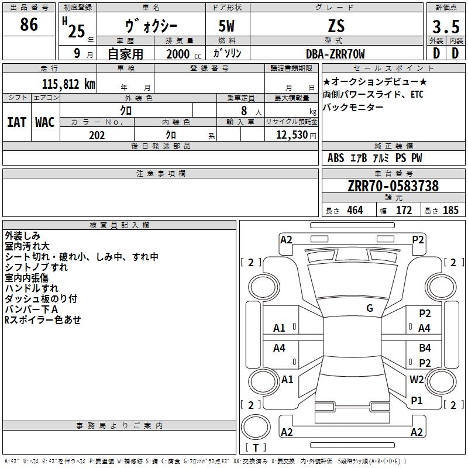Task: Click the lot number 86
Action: click(x=29, y=25)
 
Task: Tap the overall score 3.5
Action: click(x=446, y=26)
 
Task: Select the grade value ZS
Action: click(x=336, y=26)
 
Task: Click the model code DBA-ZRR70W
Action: click(x=335, y=54)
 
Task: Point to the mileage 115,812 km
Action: click(x=68, y=84)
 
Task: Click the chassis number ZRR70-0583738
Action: click(x=393, y=186)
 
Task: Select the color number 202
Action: click(x=97, y=135)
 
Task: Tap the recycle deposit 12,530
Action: click(x=292, y=135)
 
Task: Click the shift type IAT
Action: click(x=16, y=122)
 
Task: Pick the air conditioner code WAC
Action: click(x=45, y=122)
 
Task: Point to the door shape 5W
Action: click(x=226, y=26)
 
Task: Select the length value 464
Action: click(x=355, y=210)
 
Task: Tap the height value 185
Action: click(x=450, y=210)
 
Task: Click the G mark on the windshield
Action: click(x=370, y=308)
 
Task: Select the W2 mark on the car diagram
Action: click(x=417, y=379)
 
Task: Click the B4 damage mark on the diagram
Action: click(x=425, y=347)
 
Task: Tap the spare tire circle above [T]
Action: click(x=256, y=427)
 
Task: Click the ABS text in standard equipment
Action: click(x=336, y=157)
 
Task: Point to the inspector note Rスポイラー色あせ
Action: click(x=43, y=319)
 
